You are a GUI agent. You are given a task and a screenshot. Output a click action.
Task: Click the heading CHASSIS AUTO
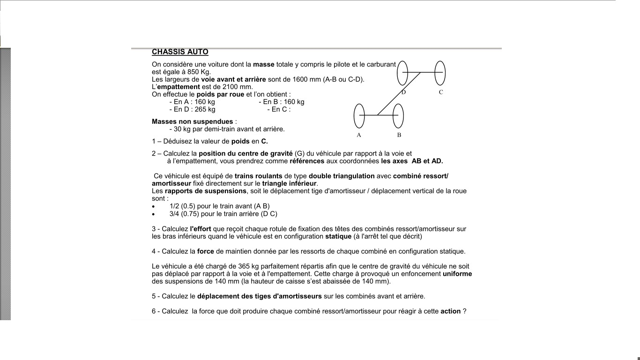(x=180, y=52)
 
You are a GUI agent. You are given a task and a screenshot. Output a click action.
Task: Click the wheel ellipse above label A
(x=359, y=116)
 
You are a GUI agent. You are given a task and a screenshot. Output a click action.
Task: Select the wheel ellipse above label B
(x=398, y=116)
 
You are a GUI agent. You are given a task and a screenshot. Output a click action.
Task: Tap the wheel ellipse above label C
(x=439, y=73)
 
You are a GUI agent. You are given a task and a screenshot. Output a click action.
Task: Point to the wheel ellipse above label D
(x=402, y=73)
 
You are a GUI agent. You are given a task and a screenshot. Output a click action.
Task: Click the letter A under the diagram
(x=359, y=135)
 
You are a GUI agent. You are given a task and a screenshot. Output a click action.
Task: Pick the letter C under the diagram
(x=441, y=92)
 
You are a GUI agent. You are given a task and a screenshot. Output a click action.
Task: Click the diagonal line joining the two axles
(x=398, y=94)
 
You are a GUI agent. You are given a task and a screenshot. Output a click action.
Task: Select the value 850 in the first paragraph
(x=193, y=72)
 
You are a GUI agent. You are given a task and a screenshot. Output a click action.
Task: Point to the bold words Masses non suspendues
(x=192, y=121)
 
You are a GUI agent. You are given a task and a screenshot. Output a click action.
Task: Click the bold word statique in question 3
(x=338, y=236)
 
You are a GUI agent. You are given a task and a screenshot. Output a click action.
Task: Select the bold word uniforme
(x=457, y=274)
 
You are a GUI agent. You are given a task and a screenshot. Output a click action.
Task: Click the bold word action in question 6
(x=450, y=311)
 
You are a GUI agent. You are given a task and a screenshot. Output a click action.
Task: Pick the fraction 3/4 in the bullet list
(x=174, y=214)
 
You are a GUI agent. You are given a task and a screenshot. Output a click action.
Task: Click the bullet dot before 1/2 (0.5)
(x=153, y=206)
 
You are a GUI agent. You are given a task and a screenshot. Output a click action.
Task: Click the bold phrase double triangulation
(x=342, y=176)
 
